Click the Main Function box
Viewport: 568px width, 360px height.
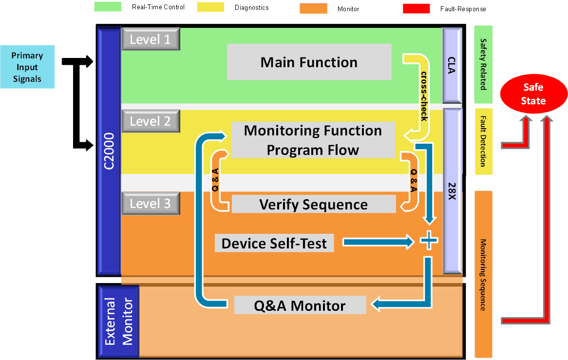point(309,62)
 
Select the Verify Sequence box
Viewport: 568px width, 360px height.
point(313,204)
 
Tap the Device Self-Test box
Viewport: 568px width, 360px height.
point(274,243)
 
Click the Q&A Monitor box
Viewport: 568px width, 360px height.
point(300,305)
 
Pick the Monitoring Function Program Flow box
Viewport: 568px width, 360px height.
point(312,140)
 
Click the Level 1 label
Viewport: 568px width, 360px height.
point(151,39)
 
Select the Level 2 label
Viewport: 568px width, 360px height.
point(151,121)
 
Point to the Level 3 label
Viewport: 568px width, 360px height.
point(151,203)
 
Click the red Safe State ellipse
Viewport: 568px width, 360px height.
point(534,95)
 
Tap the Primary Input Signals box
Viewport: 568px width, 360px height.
point(27,67)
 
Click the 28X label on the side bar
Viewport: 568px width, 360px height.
point(452,190)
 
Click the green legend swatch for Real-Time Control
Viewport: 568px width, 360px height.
point(108,7)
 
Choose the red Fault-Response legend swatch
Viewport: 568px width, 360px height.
point(416,8)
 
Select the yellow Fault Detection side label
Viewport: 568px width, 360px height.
point(483,141)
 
